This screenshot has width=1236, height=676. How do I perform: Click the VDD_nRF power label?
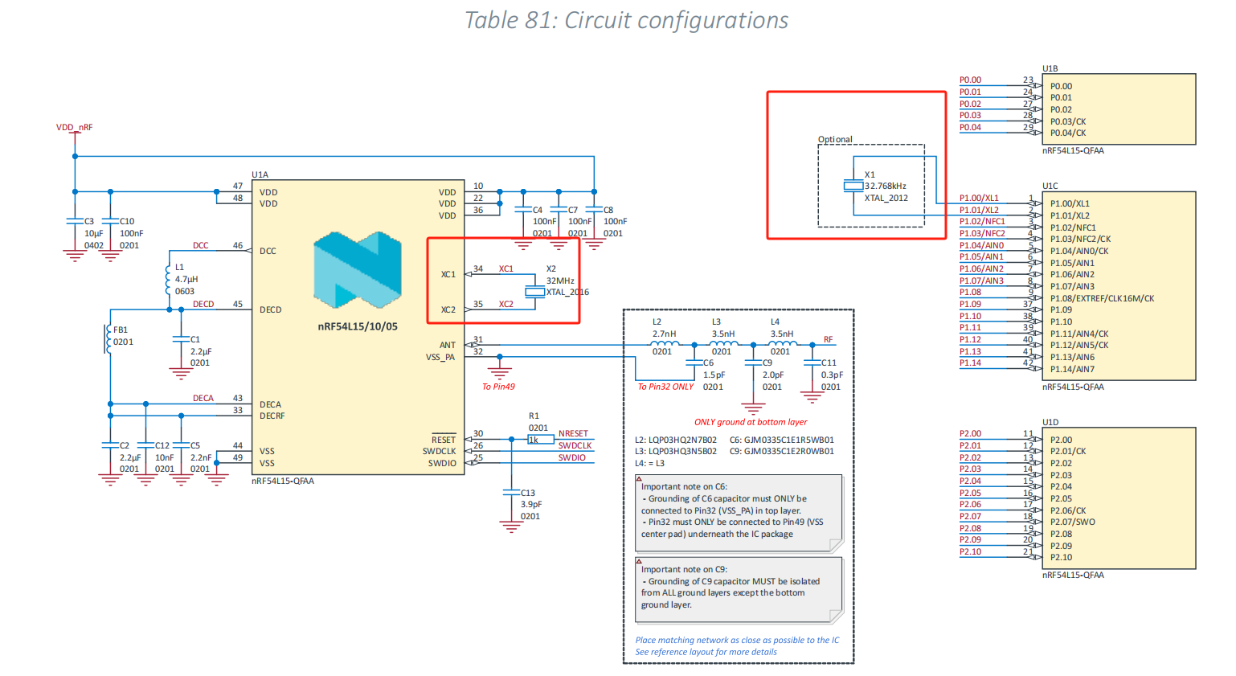[74, 127]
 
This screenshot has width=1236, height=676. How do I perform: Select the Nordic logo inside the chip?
[358, 270]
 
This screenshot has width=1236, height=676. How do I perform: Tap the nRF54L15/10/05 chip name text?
[358, 326]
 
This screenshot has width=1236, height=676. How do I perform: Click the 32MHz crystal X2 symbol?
[534, 292]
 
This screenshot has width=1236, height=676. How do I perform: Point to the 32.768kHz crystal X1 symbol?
[853, 186]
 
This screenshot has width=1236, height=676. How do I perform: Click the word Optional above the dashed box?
[835, 139]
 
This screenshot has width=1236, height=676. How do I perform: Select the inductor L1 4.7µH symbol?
[168, 280]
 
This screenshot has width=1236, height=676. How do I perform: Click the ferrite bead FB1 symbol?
[108, 338]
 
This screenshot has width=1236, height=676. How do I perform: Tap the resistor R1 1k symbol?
[540, 440]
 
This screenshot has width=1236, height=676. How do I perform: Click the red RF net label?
[828, 339]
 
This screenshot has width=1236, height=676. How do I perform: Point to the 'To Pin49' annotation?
[498, 387]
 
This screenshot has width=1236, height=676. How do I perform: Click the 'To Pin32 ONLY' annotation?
[665, 387]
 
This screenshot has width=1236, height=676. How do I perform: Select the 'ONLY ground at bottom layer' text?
[751, 422]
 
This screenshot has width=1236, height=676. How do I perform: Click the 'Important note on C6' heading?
[684, 486]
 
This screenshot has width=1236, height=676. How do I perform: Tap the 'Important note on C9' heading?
[684, 569]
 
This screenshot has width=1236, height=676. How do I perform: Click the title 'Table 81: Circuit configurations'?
[626, 20]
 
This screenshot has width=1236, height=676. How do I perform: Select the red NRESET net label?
[573, 433]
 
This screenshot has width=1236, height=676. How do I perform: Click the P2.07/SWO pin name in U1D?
[1072, 522]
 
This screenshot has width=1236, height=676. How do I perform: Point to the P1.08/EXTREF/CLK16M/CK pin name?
[1102, 298]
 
